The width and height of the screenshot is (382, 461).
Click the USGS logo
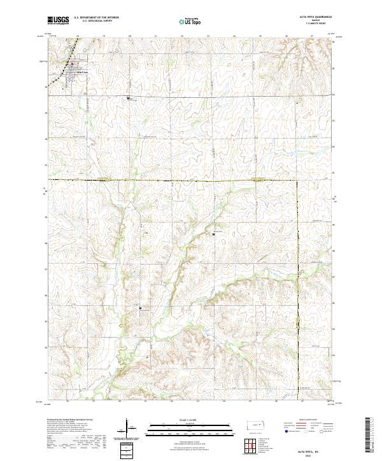pyautogui.click(x=59, y=20)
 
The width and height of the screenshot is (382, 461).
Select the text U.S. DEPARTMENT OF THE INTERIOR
pyautogui.click(x=96, y=18)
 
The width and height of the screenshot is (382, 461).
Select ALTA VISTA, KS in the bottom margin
pyautogui.click(x=317, y=450)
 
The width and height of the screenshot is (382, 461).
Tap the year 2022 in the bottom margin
pyautogui.click(x=317, y=455)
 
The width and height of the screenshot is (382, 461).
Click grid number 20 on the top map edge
pyautogui.click(x=129, y=36)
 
